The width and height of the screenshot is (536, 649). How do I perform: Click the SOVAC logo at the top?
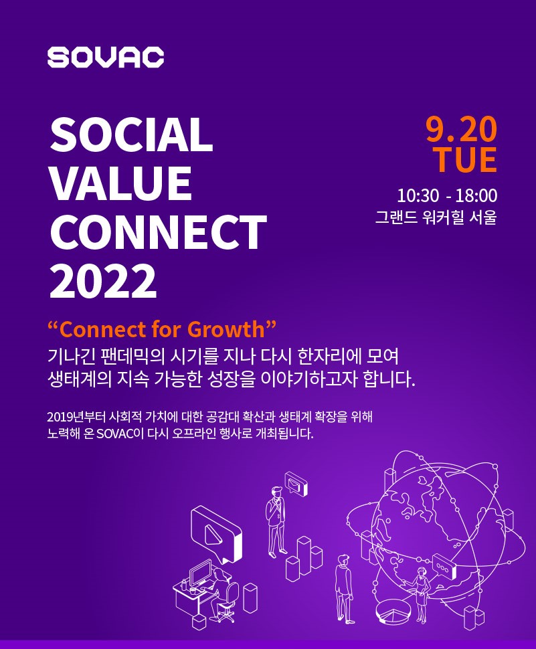coord(106,57)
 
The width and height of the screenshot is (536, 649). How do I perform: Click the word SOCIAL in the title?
coord(131,134)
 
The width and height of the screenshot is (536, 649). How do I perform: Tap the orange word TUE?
coord(465,159)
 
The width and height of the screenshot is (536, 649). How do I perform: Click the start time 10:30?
coord(418,196)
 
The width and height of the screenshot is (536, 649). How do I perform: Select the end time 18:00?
coord(476,196)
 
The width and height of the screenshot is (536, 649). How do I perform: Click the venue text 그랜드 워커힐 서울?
coord(436,217)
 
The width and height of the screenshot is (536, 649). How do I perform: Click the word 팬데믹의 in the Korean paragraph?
coord(133,357)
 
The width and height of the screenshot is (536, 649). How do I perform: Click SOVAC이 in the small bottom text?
coord(120,434)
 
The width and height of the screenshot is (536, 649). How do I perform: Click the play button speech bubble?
coord(215,533)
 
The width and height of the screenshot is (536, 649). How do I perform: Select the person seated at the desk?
coord(222,593)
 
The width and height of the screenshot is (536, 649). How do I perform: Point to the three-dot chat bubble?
coord(444,567)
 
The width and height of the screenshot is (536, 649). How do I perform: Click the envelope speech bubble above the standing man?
coord(296,484)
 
